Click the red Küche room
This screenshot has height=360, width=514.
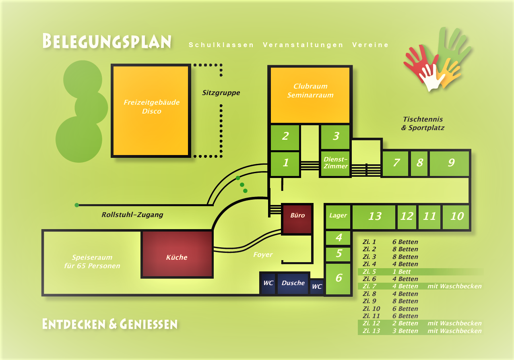tap(177, 254)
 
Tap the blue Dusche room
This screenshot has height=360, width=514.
tap(293, 283)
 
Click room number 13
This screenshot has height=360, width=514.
tap(374, 217)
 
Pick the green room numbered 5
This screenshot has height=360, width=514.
tap(339, 254)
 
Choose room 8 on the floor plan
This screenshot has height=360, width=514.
tap(419, 163)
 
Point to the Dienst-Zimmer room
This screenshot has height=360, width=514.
tap(335, 163)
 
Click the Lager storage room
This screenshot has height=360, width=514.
tap(338, 216)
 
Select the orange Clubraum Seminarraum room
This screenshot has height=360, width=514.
tap(310, 95)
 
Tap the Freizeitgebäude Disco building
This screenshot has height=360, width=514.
tap(151, 111)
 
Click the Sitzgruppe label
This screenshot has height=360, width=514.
tap(221, 93)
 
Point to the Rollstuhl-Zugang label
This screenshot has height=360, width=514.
tap(132, 215)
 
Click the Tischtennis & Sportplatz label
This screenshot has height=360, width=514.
tap(423, 124)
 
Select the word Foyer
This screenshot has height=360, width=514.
tap(263, 254)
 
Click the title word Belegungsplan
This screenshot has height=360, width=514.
tap(107, 41)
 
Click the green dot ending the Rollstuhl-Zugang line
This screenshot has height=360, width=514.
tap(77, 205)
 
